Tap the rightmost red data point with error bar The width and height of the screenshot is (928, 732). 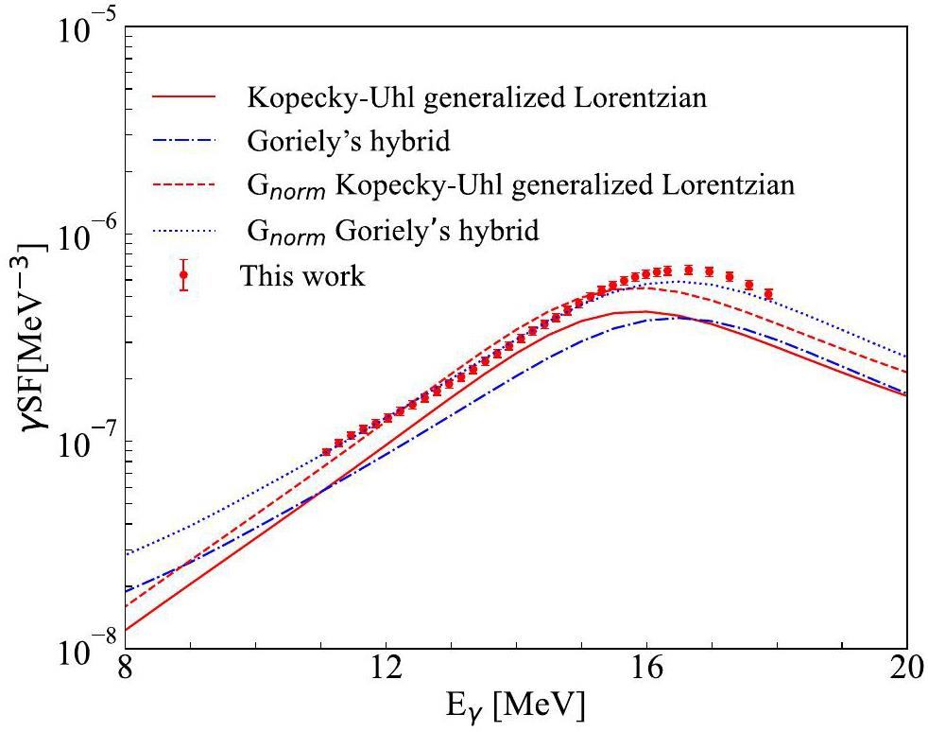point(768,294)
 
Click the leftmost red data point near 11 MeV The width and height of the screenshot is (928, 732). point(326,452)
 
